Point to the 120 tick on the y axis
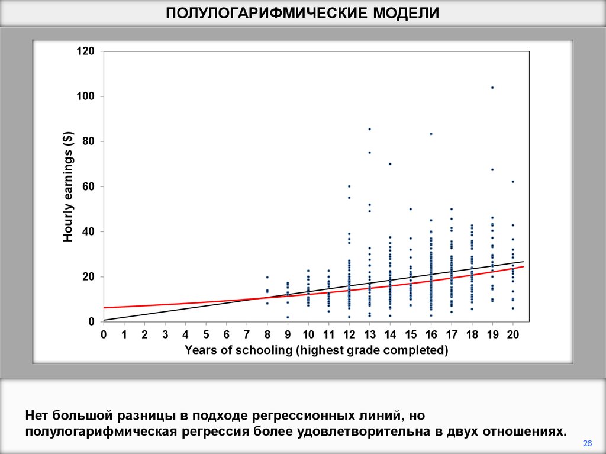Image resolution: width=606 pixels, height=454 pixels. click(x=85, y=51)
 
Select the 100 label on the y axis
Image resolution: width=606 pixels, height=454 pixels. click(x=85, y=96)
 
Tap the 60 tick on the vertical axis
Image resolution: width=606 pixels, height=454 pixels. click(x=88, y=187)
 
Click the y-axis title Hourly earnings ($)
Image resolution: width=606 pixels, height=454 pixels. click(x=68, y=187)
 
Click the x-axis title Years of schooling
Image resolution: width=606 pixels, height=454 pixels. click(x=316, y=350)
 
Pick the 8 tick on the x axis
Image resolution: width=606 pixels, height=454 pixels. click(x=267, y=334)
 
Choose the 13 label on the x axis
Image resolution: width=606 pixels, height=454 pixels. click(x=369, y=334)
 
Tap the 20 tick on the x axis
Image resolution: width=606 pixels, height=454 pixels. click(x=512, y=334)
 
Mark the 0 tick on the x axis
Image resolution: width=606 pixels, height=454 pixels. click(x=104, y=334)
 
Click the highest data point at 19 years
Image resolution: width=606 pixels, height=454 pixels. click(x=492, y=88)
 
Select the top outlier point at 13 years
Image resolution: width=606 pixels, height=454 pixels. click(x=369, y=129)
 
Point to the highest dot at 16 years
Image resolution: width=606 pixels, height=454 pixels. click(x=431, y=134)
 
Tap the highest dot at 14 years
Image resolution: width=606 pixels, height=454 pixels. click(x=390, y=164)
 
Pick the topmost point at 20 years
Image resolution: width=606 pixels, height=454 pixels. click(x=513, y=182)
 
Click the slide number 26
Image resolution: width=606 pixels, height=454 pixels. click(x=588, y=443)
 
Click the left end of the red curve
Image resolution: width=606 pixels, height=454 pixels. click(x=104, y=308)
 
